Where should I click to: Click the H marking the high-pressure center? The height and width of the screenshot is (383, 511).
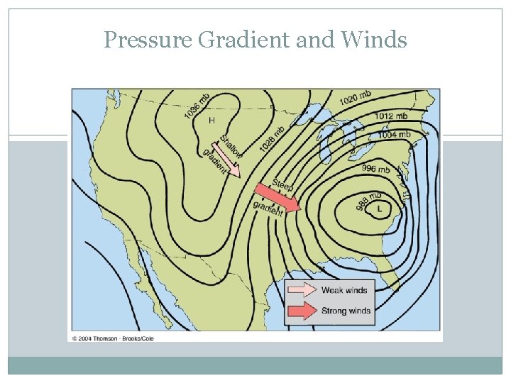211,121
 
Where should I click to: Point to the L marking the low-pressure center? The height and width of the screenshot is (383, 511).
380,209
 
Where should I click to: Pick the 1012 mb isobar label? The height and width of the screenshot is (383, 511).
391,116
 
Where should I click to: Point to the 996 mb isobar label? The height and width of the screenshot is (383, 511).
375,169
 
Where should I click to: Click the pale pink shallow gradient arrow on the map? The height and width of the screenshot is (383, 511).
228,160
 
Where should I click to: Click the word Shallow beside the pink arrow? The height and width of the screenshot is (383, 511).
231,146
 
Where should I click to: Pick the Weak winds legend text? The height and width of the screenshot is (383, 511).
344,290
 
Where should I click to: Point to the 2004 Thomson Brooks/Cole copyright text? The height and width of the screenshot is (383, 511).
112,338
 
